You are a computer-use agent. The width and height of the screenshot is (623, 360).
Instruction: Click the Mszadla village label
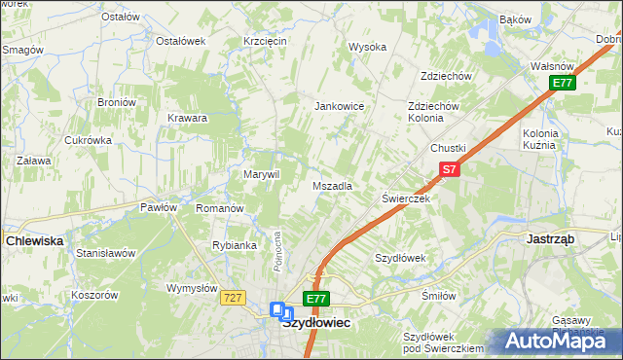(332, 185)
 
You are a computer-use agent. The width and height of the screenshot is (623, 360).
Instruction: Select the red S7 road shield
(448, 169)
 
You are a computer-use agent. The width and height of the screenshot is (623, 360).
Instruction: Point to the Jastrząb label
(550, 237)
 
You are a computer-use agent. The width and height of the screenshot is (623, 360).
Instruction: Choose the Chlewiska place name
(35, 239)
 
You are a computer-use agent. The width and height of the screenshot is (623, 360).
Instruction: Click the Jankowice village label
(339, 106)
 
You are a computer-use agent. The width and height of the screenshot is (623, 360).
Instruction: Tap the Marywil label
(261, 174)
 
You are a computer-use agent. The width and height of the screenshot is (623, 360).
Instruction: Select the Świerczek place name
(405, 198)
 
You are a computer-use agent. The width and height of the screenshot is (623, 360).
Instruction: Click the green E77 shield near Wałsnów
(562, 83)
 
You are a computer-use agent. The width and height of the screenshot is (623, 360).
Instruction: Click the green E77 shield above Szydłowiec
(315, 298)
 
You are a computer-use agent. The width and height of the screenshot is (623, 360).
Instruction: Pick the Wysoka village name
(368, 47)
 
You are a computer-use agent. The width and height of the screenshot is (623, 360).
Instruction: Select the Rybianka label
(234, 245)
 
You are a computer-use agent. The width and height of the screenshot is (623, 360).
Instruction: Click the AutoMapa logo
(555, 342)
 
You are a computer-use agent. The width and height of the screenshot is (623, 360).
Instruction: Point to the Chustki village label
(449, 148)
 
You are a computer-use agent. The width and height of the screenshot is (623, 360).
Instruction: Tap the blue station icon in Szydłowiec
(281, 311)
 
